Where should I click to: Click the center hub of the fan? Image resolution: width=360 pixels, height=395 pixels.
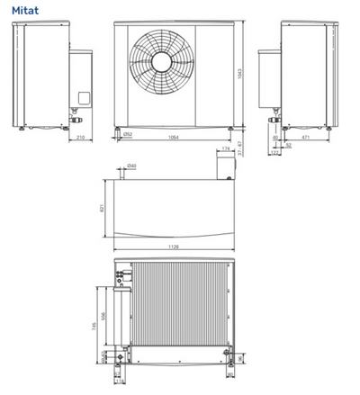pyautogui.click(x=161, y=61)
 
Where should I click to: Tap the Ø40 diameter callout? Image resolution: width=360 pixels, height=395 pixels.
pyautogui.click(x=132, y=166)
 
